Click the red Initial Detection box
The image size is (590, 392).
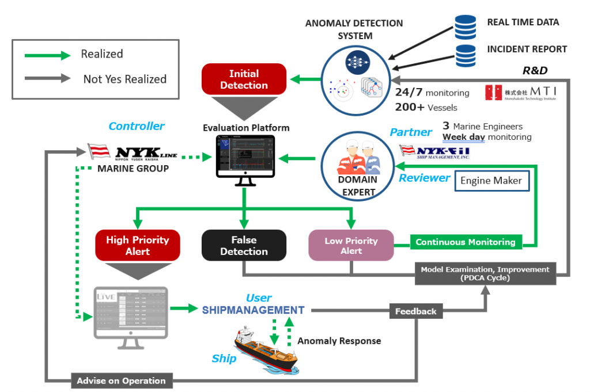(244, 79)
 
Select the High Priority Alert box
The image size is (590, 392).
(138, 246)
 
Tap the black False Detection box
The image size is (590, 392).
(244, 246)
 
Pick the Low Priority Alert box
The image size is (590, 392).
(351, 246)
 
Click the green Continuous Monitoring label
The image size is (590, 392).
(466, 242)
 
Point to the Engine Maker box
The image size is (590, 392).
(491, 181)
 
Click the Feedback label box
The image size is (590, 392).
(415, 311)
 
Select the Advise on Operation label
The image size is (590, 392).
(121, 380)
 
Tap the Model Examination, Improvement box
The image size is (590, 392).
(485, 274)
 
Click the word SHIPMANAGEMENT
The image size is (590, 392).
(253, 310)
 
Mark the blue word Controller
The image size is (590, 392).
(137, 126)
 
